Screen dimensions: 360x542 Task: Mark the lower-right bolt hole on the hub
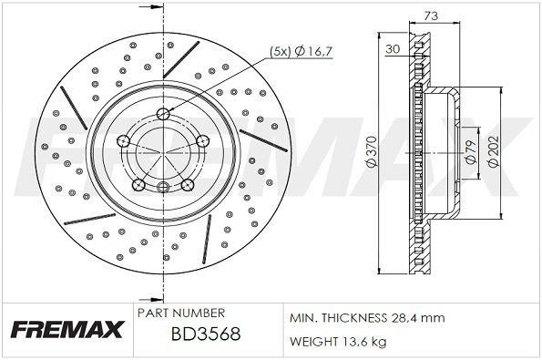click(x=187, y=185)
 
